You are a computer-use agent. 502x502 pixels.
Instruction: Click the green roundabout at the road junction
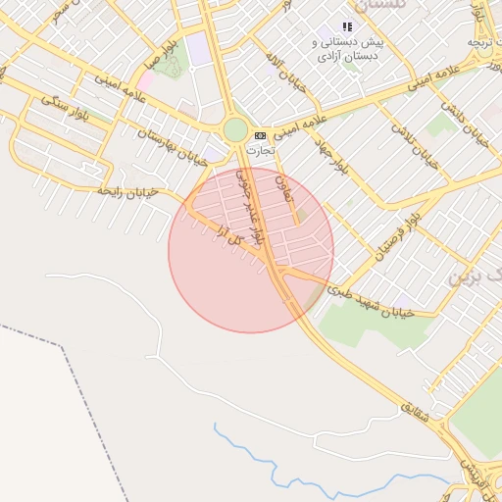235,129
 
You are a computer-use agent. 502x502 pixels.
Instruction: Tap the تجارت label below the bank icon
260,151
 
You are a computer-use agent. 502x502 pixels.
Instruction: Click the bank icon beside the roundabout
260,135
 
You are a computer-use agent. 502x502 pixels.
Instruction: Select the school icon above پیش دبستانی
346,27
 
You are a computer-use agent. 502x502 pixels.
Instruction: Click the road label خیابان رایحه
126,191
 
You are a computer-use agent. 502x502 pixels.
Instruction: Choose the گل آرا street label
227,237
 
